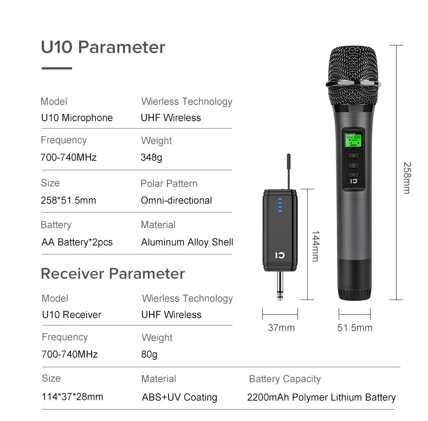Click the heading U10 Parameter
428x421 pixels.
pyautogui.click(x=103, y=47)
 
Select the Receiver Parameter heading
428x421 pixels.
pyautogui.click(x=113, y=273)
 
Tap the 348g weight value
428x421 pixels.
pyautogui.click(x=151, y=158)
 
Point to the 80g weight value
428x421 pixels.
pyautogui.click(x=149, y=354)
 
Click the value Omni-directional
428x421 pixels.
pyautogui.click(x=176, y=200)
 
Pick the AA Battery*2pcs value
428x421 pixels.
pyautogui.click(x=77, y=242)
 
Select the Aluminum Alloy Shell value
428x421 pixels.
pyautogui.click(x=187, y=242)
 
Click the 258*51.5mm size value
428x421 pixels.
pyautogui.click(x=68, y=200)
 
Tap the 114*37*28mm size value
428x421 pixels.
pyautogui.click(x=72, y=397)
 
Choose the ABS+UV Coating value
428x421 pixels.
pyautogui.click(x=179, y=397)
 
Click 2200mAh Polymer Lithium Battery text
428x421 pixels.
pyautogui.click(x=321, y=397)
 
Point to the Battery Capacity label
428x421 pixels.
pyautogui.click(x=284, y=379)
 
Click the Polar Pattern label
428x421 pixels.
pyautogui.click(x=169, y=183)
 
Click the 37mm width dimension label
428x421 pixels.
pyautogui.click(x=281, y=328)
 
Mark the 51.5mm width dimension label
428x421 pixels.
pyautogui.click(x=355, y=328)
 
